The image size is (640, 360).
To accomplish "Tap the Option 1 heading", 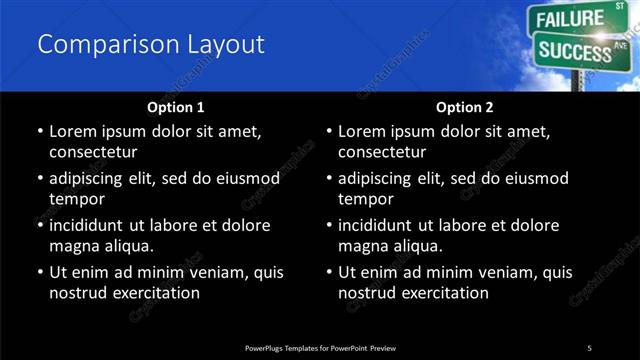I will pyautogui.click(x=175, y=106).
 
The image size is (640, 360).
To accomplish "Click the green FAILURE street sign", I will pyautogui.click(x=571, y=19).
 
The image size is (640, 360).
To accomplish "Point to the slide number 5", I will pyautogui.click(x=589, y=347).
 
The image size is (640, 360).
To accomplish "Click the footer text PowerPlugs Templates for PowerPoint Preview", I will pyautogui.click(x=320, y=347).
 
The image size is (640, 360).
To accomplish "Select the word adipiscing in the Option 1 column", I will pyautogui.click(x=91, y=178).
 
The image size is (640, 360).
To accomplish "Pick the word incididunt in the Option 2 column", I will pyautogui.click(x=381, y=225).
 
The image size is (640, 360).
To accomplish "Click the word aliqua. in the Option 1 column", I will pyautogui.click(x=126, y=246).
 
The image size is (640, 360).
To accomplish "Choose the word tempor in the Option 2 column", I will pyautogui.click(x=366, y=199).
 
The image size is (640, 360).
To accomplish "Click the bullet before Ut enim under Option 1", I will pyautogui.click(x=39, y=272).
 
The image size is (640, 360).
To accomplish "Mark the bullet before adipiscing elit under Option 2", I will pyautogui.click(x=329, y=178).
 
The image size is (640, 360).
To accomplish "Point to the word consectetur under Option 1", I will pyautogui.click(x=92, y=152).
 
